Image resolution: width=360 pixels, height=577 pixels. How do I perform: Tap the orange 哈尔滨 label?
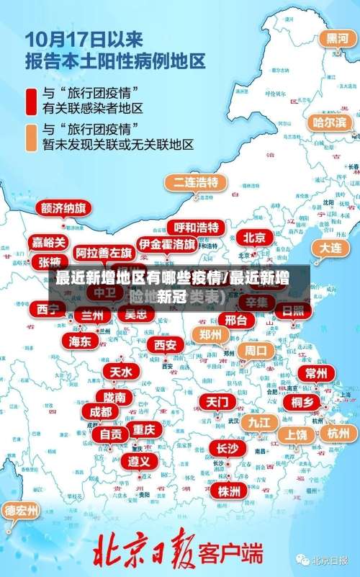coord(329,122)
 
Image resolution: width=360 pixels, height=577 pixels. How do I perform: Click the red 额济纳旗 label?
coord(64,208)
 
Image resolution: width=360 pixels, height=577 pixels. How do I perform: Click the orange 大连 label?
coord(330,246)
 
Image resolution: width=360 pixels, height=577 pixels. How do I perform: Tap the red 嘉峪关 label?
coord(48,242)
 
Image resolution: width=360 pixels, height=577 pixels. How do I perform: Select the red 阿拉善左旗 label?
coord(104,252)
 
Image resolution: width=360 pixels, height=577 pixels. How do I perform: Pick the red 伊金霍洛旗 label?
coord(167,244)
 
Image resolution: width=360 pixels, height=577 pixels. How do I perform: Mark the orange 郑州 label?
coord(210,334)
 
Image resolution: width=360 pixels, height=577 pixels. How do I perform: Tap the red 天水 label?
coord(120,371)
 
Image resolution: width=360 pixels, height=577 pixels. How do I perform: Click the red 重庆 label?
coord(144,429)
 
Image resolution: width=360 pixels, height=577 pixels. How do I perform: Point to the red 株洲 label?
coord(229,470)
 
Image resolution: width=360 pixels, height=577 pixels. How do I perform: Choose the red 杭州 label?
coord(338,433)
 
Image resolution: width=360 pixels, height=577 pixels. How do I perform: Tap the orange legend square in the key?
coord(31,136)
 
